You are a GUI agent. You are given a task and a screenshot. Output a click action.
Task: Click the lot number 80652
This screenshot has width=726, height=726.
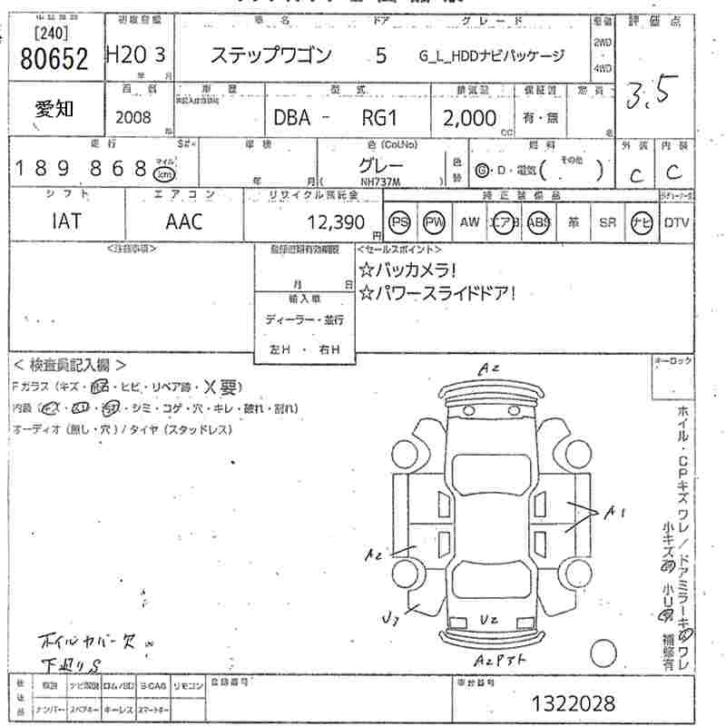point(53,61)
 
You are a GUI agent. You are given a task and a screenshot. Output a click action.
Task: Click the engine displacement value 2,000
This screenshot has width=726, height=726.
point(470,118)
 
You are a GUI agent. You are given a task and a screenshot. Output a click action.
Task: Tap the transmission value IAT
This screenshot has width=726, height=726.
point(65,221)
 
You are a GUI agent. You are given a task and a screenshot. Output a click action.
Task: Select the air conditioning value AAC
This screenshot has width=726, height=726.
point(184,221)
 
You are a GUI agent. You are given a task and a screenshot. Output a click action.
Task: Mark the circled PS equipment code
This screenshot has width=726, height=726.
point(399,221)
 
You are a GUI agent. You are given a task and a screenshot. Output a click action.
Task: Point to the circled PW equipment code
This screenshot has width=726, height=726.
point(435,221)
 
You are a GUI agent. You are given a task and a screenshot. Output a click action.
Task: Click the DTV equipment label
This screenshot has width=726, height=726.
point(677,222)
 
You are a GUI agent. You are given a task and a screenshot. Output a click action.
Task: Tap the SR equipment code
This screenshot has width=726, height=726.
point(607,222)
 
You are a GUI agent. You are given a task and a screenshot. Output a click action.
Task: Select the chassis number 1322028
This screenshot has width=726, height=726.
point(574,702)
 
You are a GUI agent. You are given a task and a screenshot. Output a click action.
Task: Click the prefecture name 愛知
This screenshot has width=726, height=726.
point(55,110)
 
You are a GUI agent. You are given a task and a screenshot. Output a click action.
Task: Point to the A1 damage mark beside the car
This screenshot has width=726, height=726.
point(615,514)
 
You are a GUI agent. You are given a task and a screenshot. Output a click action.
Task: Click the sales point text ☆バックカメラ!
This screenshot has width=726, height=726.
point(407,270)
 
